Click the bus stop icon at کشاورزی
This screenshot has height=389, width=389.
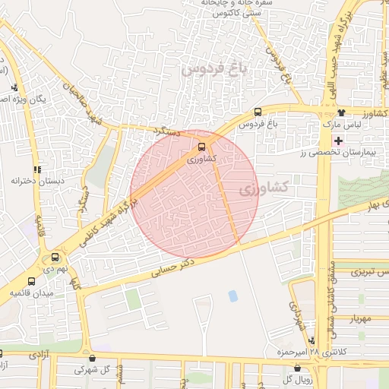point(201,147)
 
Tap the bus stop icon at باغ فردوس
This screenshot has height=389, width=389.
point(258,112)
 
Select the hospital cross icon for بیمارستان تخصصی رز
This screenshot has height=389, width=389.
point(338,141)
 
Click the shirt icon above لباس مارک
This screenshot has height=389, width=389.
point(340,112)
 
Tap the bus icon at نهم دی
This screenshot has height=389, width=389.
point(55,257)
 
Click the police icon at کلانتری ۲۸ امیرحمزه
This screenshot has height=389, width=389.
point(312,340)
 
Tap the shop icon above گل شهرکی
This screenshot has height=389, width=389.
point(93,358)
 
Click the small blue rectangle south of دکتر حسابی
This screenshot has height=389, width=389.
point(232,295)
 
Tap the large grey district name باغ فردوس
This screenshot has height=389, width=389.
point(215,71)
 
